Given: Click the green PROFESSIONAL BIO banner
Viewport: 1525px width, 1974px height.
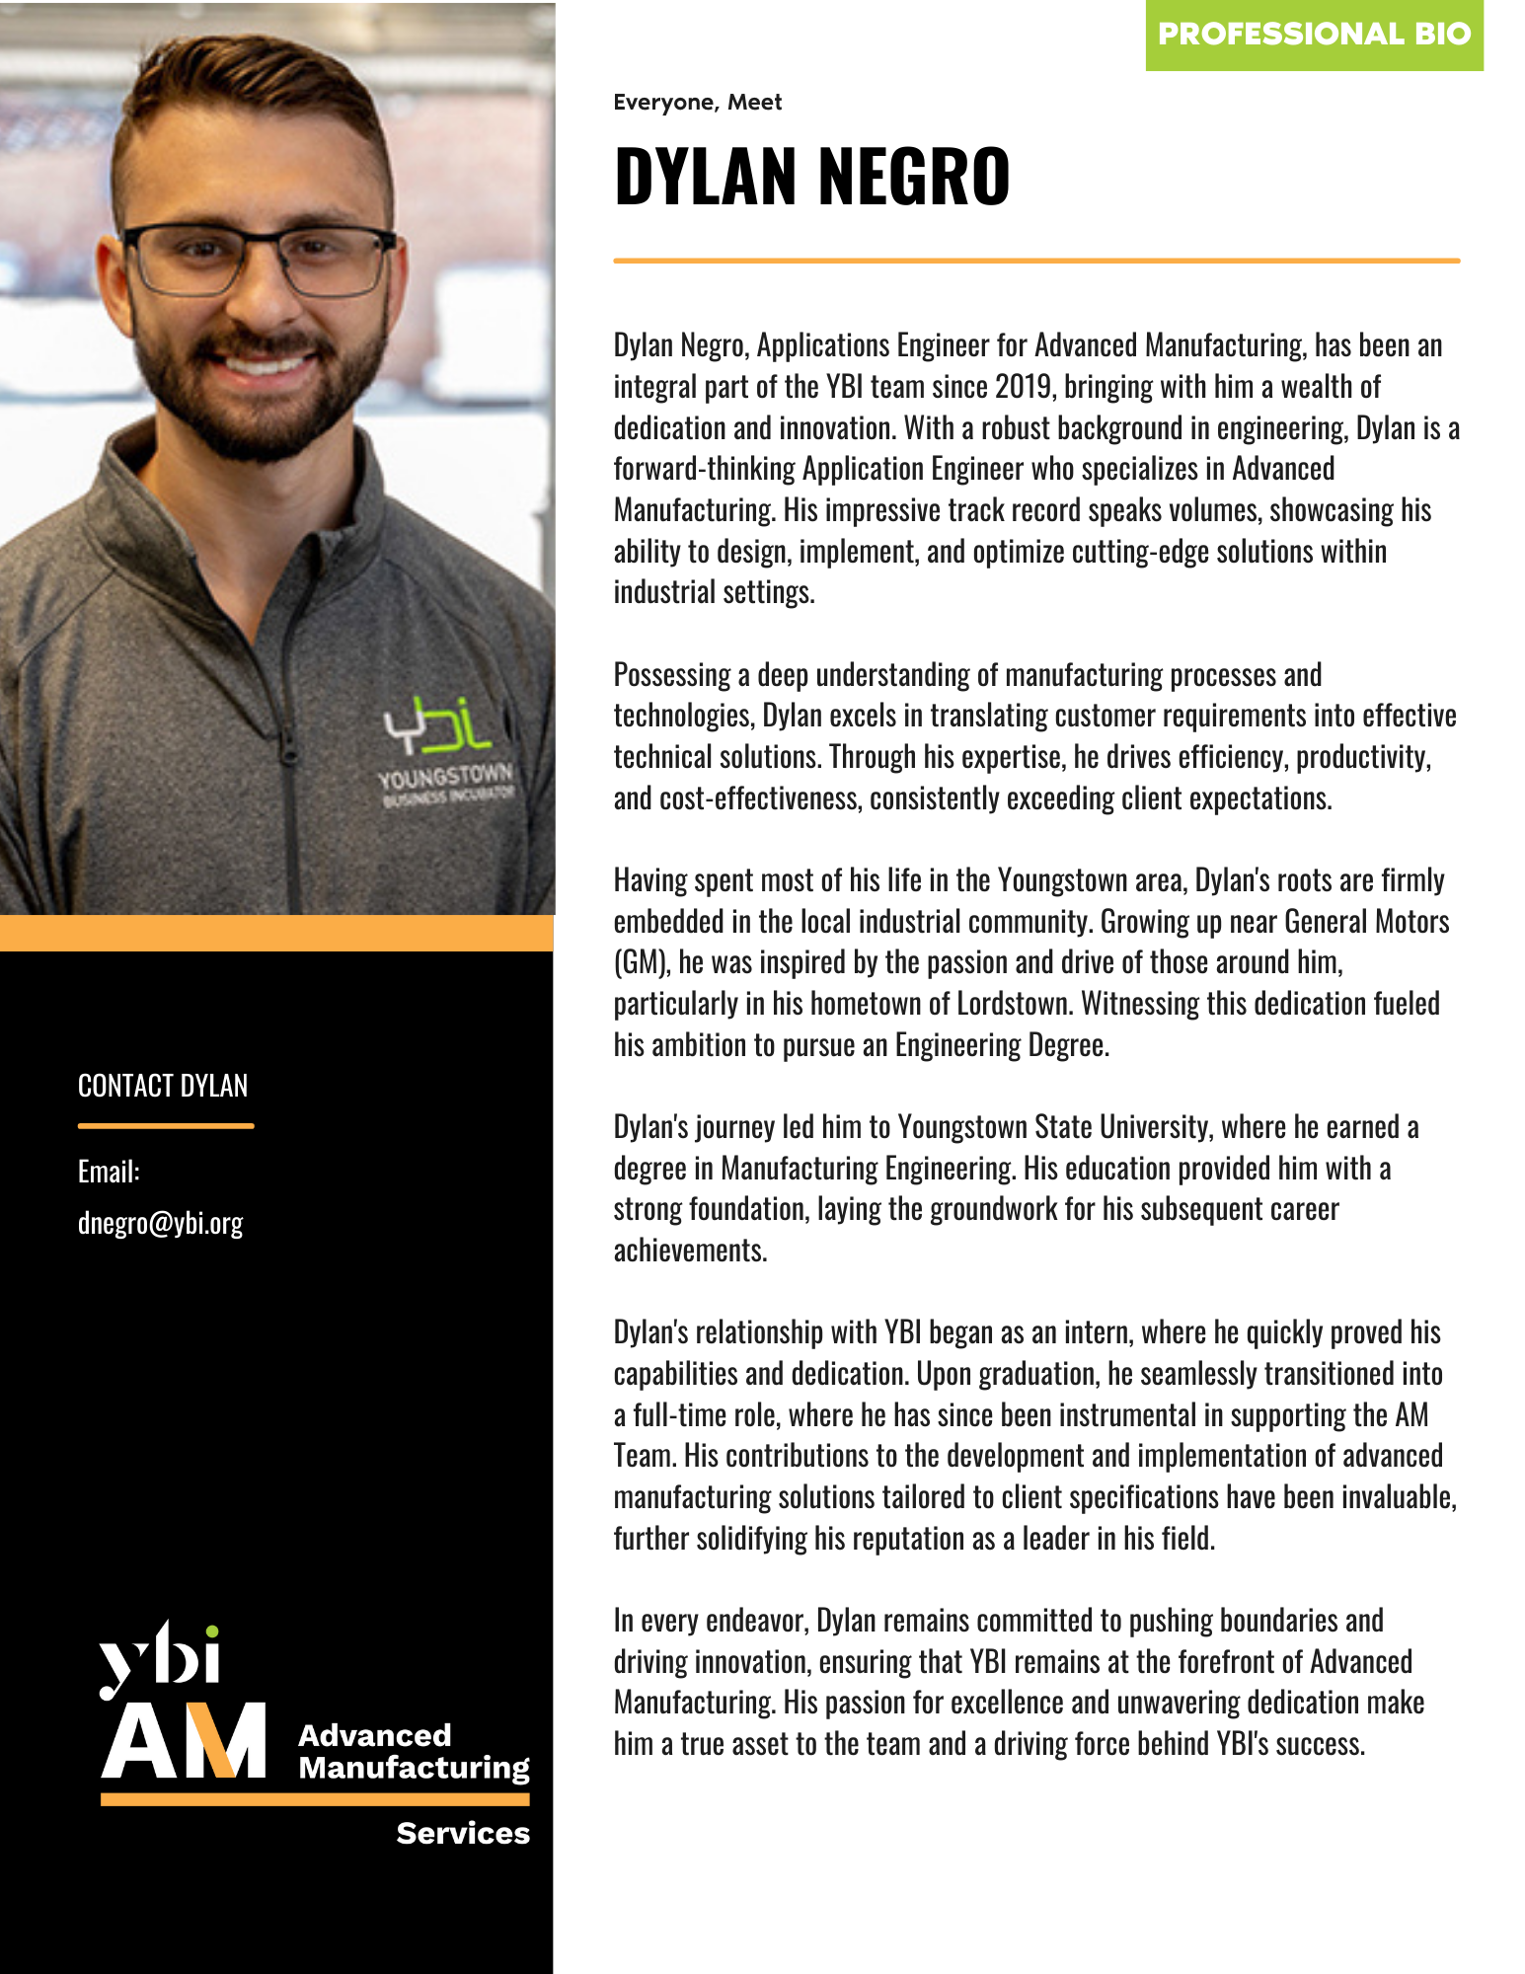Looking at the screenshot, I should coord(1314,35).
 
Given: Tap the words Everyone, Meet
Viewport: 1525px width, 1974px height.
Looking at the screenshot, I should coord(697,103).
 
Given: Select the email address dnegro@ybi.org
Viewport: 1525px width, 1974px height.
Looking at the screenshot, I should coord(160,1223).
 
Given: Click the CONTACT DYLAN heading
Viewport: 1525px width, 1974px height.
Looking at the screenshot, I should coord(163,1086).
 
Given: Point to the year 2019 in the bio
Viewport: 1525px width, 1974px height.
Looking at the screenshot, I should coord(1024,387).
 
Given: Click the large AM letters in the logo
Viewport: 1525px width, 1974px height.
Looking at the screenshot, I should coord(184,1741).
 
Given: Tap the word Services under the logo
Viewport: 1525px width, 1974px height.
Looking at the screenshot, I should coord(463,1833).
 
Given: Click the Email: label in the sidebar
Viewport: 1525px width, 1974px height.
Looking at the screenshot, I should coord(109,1172).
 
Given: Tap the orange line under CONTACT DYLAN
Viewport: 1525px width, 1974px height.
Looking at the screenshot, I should coord(166,1125).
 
